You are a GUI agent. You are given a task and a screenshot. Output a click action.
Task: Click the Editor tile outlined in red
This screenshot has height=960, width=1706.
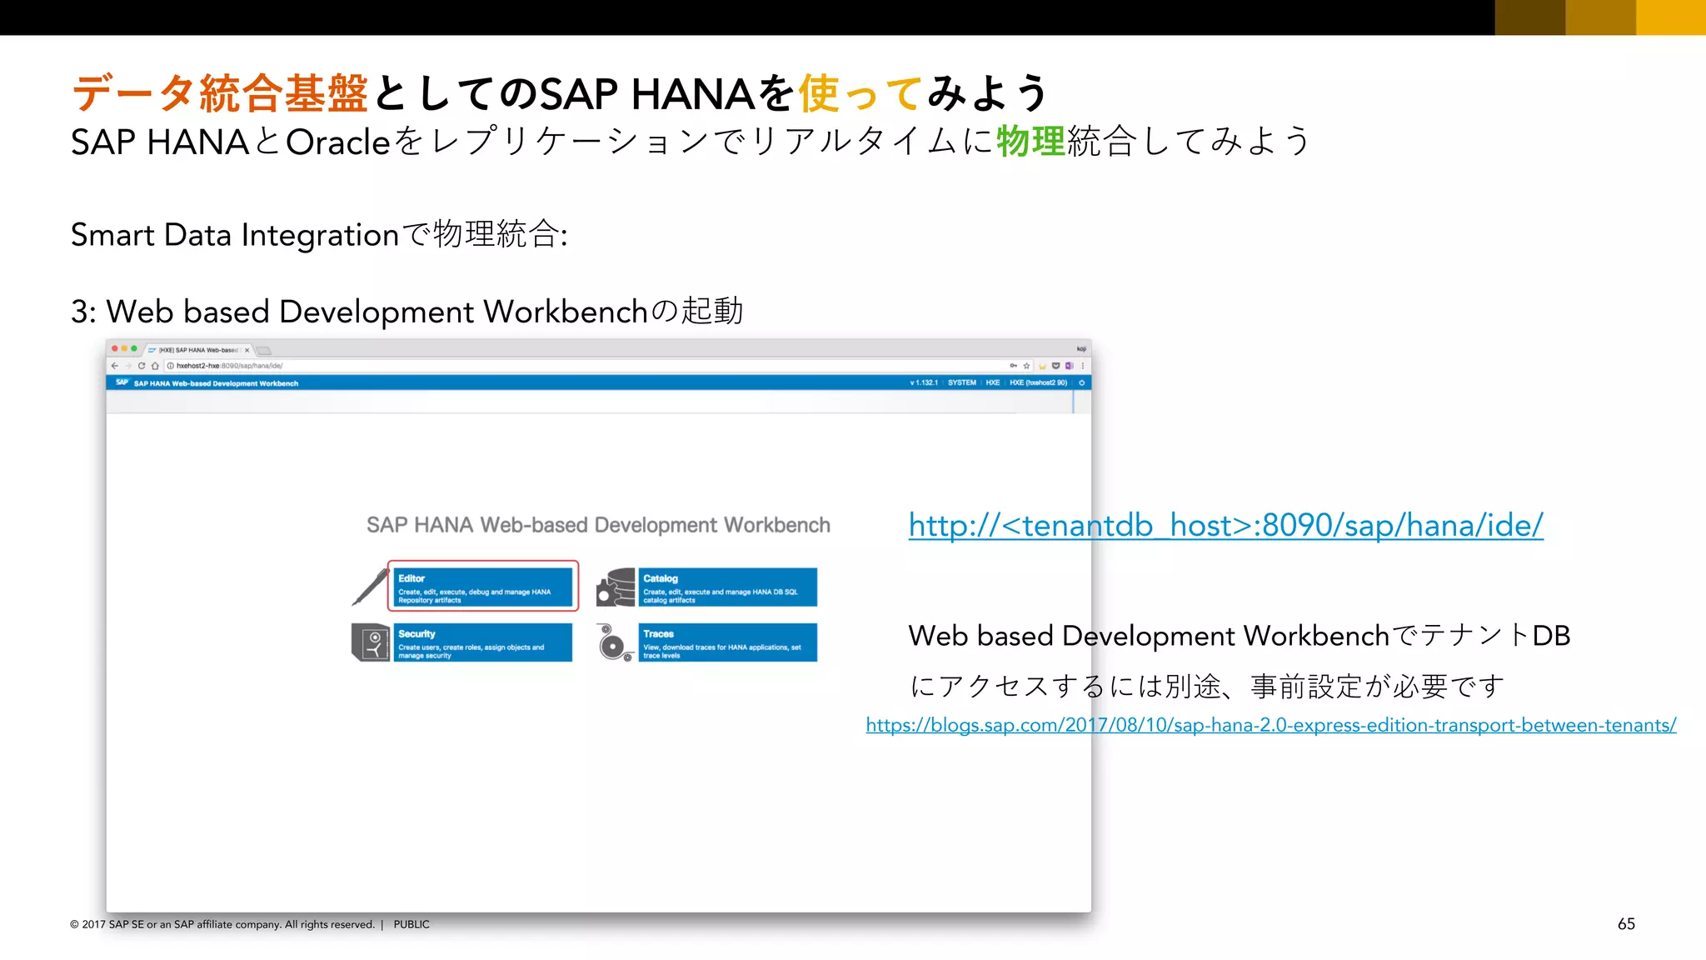[x=483, y=587]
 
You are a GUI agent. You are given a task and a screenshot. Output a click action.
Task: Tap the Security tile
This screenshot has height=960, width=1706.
[x=483, y=642]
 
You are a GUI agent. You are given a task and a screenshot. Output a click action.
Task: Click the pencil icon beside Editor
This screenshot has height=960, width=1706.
[x=370, y=586]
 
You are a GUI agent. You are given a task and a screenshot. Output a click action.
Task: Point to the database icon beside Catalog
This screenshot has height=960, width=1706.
[x=616, y=587]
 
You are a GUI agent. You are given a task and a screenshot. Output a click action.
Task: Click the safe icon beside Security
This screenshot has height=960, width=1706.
[x=371, y=642]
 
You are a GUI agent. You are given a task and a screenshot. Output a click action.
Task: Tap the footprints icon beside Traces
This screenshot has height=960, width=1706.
[x=615, y=643]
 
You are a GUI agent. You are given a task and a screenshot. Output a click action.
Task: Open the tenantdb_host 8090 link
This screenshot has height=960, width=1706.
[x=1225, y=526]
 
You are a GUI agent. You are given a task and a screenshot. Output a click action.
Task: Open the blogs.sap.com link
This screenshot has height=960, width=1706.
[x=1270, y=725]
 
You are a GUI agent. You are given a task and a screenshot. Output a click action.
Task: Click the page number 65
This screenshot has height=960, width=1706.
[x=1626, y=923]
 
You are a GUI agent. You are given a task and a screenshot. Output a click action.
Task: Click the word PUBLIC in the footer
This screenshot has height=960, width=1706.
[x=412, y=924]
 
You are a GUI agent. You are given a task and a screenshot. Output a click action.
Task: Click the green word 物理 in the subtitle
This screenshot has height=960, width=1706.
[x=1030, y=141]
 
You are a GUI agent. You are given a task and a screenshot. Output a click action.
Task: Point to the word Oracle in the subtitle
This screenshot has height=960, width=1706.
[x=338, y=142]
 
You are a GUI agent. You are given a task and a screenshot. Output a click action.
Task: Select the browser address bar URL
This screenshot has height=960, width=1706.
[x=229, y=366]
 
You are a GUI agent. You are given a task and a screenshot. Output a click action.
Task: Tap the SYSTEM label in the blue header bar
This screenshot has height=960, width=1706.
[x=961, y=382]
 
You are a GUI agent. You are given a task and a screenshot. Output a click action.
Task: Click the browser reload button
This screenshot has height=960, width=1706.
[x=142, y=366]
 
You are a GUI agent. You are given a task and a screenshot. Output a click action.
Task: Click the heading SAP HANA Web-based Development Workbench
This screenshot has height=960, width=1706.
[x=598, y=525]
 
